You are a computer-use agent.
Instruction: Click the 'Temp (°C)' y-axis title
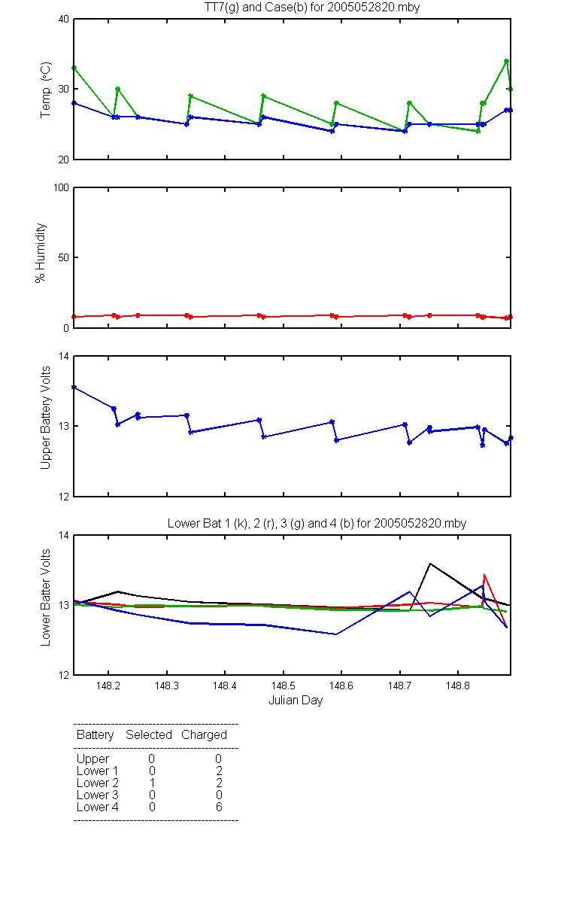[x=46, y=90]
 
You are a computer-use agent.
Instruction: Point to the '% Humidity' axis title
[x=41, y=253]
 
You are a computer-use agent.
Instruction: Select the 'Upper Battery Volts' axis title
[x=46, y=418]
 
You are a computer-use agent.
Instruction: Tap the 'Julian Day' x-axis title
[x=296, y=701]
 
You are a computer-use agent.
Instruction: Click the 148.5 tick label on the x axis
[x=284, y=686]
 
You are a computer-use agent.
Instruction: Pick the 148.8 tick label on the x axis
[x=458, y=686]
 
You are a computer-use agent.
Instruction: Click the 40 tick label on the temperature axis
[x=64, y=20]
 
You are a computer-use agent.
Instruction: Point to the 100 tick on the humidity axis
[x=61, y=188]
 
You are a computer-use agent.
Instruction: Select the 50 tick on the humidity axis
[x=64, y=257]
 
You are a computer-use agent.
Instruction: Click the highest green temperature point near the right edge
[x=506, y=61]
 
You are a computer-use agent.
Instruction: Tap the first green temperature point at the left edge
[x=74, y=68]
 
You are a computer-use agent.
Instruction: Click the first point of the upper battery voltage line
[x=74, y=388]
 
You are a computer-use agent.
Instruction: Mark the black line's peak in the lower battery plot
[x=430, y=564]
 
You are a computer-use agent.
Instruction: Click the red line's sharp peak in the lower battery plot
[x=484, y=575]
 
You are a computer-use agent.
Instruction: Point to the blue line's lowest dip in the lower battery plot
[x=335, y=634]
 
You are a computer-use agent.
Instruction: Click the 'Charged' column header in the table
[x=204, y=735]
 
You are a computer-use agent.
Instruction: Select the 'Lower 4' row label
[x=98, y=807]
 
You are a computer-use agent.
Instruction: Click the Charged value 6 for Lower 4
[x=219, y=807]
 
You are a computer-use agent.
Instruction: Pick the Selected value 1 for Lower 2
[x=152, y=783]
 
